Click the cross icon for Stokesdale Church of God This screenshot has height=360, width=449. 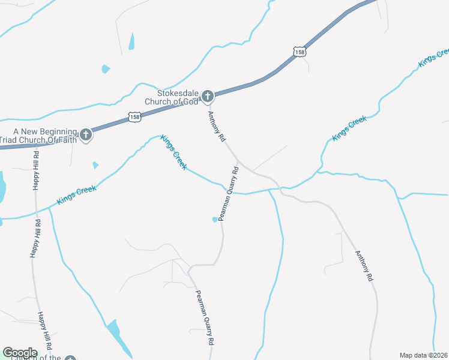[x=207, y=95]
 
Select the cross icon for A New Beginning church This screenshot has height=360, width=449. [x=86, y=134]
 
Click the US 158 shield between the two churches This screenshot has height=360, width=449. [x=134, y=116]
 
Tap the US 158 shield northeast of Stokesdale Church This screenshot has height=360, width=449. [x=300, y=52]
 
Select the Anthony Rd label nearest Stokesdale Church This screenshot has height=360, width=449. [x=217, y=126]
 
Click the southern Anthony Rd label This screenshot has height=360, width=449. [x=364, y=266]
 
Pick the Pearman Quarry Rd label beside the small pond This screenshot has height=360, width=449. [x=229, y=194]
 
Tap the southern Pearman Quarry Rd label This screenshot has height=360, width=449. [x=205, y=317]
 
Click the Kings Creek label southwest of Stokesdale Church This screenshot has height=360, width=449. [x=173, y=152]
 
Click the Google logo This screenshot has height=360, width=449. [x=20, y=353]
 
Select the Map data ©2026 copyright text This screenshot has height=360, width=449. [x=423, y=355]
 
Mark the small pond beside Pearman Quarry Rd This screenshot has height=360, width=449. [x=215, y=220]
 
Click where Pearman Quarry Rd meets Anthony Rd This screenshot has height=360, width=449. [x=238, y=161]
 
